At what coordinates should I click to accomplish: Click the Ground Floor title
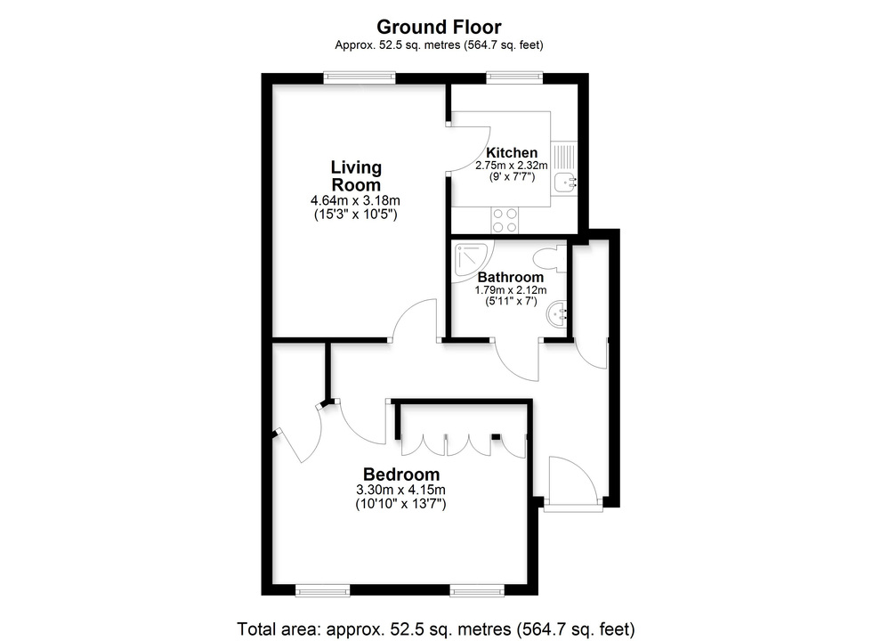point(439,27)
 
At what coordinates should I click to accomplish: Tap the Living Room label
point(356,175)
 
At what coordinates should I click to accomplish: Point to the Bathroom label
point(510,277)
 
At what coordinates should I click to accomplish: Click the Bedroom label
point(400,474)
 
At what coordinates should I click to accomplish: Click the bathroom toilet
point(549,260)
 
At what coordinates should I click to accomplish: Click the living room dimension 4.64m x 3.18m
point(355,201)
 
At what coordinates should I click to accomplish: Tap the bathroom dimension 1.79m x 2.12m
point(510,290)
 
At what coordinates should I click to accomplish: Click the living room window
point(360,77)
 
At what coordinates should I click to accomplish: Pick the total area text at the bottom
point(436,627)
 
